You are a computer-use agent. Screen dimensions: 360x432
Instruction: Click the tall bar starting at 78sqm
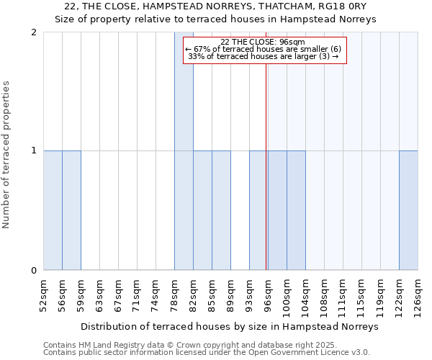tap(184, 151)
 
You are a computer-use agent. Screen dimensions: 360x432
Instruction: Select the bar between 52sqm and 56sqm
tap(53, 210)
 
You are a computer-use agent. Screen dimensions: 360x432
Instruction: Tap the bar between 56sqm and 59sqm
tap(71, 210)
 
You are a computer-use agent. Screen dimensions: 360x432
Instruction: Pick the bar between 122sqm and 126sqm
tap(408, 210)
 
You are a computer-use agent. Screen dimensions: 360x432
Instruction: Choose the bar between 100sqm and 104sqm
tap(296, 210)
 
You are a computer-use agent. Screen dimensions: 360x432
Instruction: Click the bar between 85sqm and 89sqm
tap(221, 210)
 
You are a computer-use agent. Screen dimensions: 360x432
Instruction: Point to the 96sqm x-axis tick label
tap(268, 296)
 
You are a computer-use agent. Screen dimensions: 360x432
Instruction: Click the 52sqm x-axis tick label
tap(43, 296)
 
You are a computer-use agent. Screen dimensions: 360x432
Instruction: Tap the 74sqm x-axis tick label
tap(156, 296)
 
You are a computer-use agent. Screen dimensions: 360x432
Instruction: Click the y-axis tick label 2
tap(34, 32)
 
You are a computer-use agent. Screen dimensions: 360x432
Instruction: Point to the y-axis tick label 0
tap(34, 271)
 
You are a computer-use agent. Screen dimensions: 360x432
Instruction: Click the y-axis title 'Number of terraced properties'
tap(7, 155)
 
